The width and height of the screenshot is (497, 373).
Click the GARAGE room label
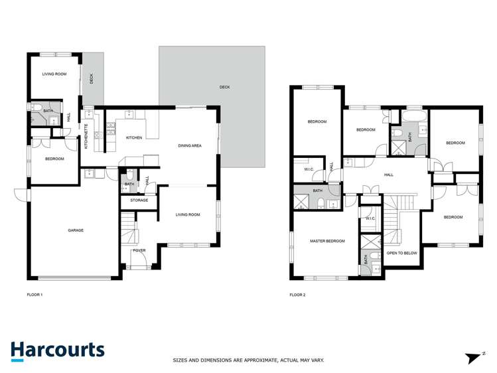point(75,230)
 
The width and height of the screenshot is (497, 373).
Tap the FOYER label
point(139,250)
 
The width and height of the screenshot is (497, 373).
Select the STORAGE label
point(139,200)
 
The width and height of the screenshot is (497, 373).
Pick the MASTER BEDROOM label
point(327,241)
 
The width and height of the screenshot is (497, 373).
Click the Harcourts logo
point(57,350)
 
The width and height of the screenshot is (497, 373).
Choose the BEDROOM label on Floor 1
point(54,159)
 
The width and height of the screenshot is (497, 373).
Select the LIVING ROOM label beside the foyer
point(188,214)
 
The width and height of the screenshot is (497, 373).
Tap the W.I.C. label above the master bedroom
point(370,218)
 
